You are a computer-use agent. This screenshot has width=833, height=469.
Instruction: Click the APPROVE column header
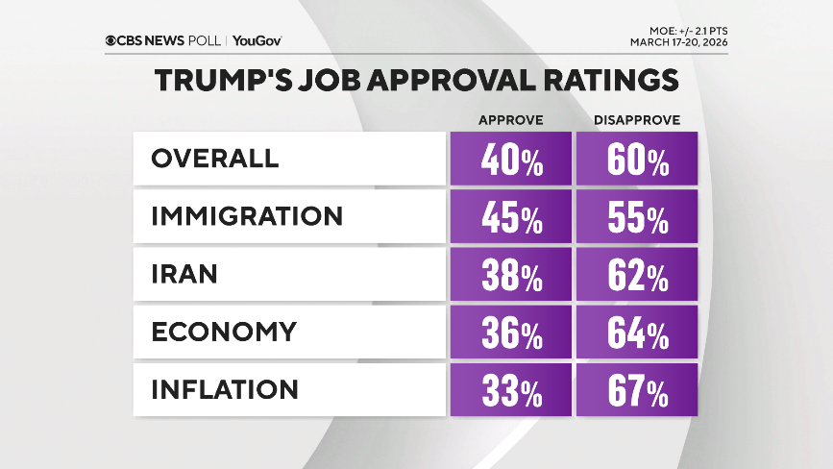[x=511, y=120]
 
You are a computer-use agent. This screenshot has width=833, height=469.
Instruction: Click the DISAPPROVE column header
[x=637, y=120]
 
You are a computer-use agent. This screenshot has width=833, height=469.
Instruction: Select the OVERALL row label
[x=214, y=159]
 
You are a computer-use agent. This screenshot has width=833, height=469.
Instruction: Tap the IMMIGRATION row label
[x=247, y=216]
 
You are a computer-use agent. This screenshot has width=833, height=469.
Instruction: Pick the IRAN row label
[x=184, y=274]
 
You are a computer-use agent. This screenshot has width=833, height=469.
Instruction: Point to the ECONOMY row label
[x=224, y=332]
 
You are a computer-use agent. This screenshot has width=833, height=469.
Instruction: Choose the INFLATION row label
[x=225, y=389]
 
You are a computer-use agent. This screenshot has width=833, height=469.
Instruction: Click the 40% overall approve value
[x=511, y=160]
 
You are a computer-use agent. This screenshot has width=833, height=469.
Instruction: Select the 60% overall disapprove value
[x=637, y=160]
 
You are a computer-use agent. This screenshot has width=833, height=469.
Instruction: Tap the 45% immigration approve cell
[x=511, y=217]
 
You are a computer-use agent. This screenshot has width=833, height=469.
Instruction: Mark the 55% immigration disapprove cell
[x=637, y=217]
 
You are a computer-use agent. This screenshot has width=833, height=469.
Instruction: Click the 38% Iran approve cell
[x=511, y=275]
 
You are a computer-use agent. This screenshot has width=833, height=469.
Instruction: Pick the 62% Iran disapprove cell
[x=637, y=275]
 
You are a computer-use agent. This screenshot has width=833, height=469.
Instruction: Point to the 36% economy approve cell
[x=511, y=333]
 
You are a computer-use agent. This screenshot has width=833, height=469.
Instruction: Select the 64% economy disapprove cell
[x=637, y=333]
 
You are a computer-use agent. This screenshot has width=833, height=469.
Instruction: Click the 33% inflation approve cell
[x=511, y=390]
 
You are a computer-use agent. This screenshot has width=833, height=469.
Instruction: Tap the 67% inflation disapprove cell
[x=637, y=390]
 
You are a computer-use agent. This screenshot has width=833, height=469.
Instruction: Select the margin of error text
[x=686, y=31]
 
